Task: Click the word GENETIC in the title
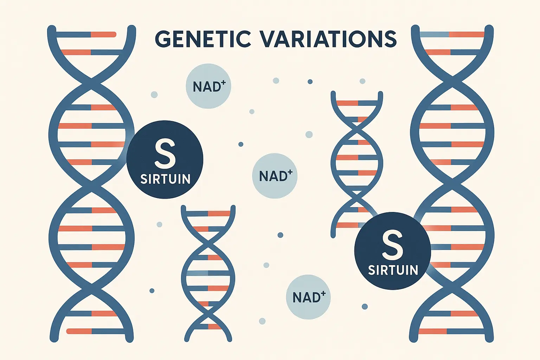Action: point(203,39)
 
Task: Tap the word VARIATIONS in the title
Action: point(328,39)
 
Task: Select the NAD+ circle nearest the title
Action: point(208,86)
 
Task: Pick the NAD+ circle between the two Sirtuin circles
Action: point(275,176)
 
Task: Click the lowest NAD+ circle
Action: point(308,297)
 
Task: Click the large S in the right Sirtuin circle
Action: point(392,245)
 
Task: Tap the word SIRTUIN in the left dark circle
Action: point(165,179)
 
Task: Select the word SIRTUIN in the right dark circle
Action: point(393,270)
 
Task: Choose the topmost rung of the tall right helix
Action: point(452,34)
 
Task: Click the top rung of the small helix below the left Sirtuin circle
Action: point(208,213)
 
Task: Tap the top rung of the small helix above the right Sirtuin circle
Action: point(357,103)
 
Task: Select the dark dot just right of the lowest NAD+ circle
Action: point(365,307)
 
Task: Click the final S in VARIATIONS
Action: point(390,39)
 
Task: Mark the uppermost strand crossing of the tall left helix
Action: point(92,80)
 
